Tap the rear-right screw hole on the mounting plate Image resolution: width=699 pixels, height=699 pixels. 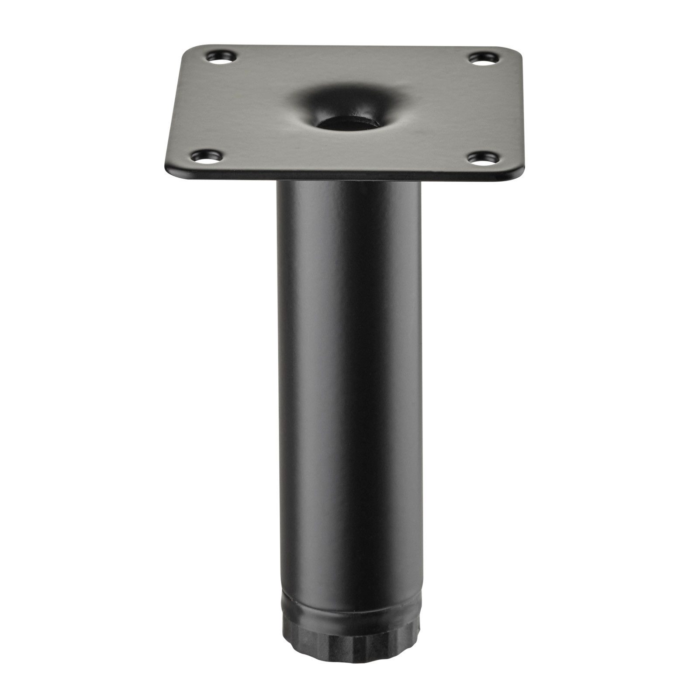point(483,58)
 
